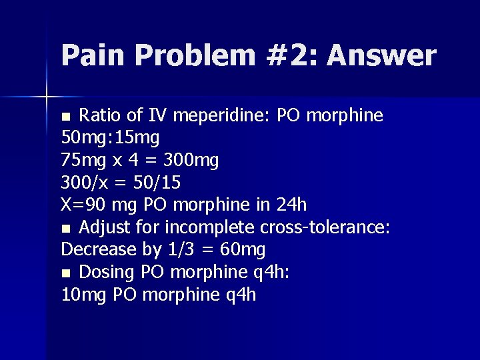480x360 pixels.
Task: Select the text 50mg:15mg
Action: tap(110, 138)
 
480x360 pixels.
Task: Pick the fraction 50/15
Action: tap(156, 183)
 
